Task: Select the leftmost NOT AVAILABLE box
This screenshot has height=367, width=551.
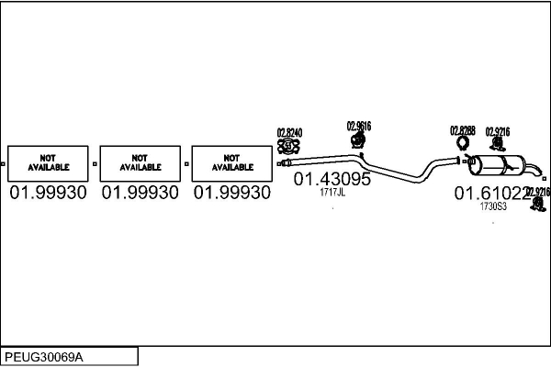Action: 49,163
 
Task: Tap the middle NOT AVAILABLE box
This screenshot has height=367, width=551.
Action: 141,163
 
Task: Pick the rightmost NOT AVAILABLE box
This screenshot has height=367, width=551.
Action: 232,163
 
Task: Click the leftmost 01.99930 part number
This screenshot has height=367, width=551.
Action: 49,194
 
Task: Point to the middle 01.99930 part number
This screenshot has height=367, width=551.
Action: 141,194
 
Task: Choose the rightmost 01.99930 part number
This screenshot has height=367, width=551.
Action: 232,194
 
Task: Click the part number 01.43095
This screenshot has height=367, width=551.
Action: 332,180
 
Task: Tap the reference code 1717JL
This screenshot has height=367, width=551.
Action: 332,193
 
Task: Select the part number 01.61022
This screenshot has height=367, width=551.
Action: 492,194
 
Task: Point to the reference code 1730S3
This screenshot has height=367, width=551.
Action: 493,207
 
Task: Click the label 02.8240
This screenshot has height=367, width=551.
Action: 288,132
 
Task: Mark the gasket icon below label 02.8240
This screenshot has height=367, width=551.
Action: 288,145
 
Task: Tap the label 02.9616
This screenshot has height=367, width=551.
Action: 358,126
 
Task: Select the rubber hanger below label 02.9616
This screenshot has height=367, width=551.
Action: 358,139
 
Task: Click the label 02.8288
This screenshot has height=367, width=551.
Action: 462,131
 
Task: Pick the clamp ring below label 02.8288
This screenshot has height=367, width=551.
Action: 463,143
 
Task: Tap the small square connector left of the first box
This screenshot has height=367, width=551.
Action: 3,164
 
